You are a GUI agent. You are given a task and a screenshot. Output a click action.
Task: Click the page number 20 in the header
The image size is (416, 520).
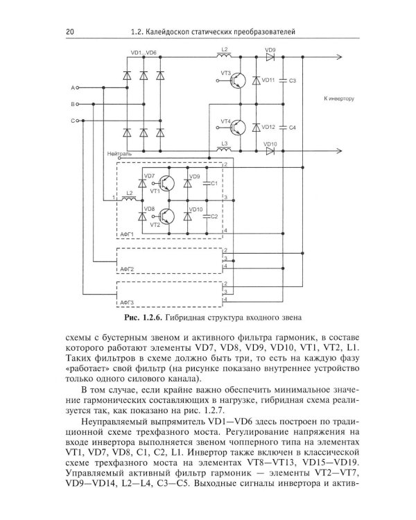click(70, 32)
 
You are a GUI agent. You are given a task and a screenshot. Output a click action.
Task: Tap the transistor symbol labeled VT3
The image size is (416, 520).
click(239, 80)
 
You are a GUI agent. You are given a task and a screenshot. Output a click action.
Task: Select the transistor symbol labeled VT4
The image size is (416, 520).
click(239, 128)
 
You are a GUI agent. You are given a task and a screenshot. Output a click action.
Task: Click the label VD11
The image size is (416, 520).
click(268, 80)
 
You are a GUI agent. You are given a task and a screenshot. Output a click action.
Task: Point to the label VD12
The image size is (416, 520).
click(268, 127)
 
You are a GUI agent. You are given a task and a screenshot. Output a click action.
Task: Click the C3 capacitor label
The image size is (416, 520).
click(293, 80)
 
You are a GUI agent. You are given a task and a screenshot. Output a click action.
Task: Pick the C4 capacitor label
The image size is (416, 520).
click(293, 128)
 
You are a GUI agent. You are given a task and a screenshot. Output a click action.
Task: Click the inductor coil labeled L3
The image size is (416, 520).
click(225, 150)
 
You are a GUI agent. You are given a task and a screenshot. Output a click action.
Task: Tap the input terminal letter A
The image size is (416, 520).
click(73, 88)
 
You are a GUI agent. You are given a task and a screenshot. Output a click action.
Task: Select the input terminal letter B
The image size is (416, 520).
click(73, 104)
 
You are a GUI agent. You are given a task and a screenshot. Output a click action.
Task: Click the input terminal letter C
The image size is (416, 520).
click(73, 121)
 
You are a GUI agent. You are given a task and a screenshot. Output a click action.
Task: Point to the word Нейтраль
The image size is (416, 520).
click(119, 154)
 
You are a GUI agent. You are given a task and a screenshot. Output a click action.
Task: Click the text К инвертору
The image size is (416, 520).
click(339, 99)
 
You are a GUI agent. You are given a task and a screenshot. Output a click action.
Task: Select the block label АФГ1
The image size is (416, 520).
click(127, 234)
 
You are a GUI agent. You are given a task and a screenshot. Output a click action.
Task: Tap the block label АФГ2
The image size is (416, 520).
click(127, 269)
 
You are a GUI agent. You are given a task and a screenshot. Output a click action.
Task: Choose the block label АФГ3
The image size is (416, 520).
click(127, 302)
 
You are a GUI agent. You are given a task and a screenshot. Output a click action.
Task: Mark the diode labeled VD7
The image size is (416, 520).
click(142, 184)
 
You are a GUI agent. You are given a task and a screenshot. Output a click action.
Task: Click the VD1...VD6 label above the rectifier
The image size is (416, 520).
click(144, 53)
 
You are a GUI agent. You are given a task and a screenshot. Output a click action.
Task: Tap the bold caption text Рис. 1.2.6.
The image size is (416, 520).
click(143, 318)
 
